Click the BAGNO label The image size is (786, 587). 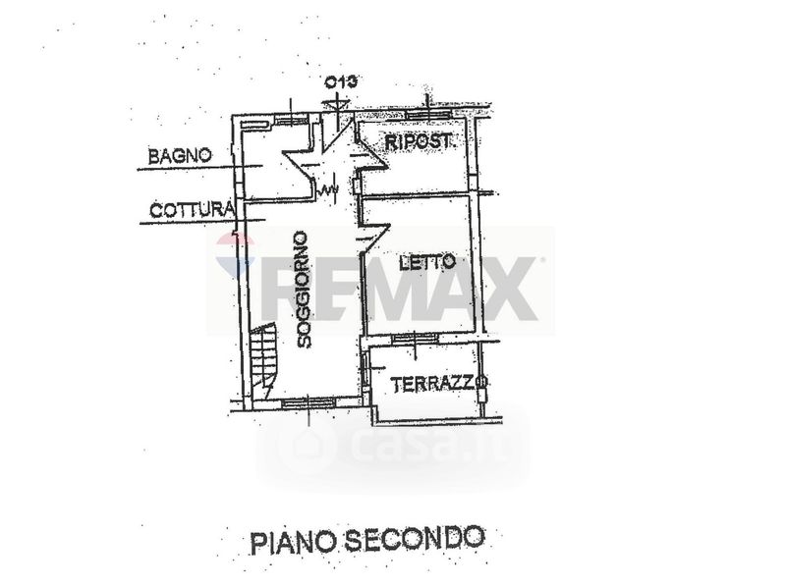tap(180, 155)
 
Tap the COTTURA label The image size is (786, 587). tap(192, 209)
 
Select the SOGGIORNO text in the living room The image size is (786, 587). tap(303, 290)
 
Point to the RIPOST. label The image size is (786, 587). tap(419, 142)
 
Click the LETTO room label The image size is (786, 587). tap(427, 263)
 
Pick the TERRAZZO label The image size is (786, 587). tap(438, 385)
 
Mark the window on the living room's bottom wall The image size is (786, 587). tap(307, 402)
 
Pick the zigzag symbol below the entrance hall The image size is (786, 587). tap(327, 185)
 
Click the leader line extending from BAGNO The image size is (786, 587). tap(187, 169)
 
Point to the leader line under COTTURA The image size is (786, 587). tap(187, 222)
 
